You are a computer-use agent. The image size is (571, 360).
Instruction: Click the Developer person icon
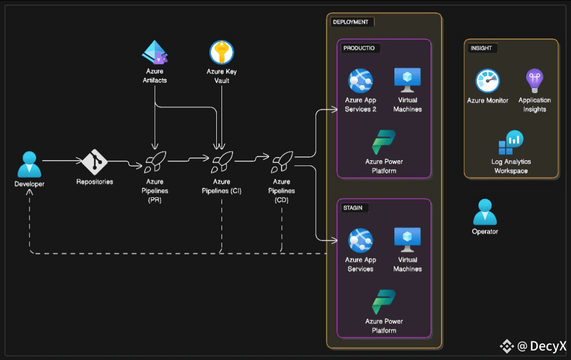click(29, 164)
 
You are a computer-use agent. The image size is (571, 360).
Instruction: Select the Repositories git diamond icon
click(95, 163)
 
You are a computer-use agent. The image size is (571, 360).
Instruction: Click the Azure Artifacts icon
click(154, 53)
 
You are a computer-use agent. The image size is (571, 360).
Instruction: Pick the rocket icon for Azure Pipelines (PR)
click(155, 162)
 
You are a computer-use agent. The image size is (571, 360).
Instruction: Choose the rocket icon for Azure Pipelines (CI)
click(222, 162)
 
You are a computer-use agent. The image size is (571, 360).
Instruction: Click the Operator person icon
click(485, 212)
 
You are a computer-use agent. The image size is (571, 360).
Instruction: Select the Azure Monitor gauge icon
click(487, 81)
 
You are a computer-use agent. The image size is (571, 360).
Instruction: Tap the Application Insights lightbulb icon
click(534, 81)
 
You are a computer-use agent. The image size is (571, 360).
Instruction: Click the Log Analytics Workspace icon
click(511, 142)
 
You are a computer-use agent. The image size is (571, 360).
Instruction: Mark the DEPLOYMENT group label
click(351, 22)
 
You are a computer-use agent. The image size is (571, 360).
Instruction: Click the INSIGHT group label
click(481, 48)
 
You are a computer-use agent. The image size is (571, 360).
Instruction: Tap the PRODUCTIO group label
click(360, 48)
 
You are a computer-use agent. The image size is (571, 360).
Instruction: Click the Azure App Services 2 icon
click(361, 81)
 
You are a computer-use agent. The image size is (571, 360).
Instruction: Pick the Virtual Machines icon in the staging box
click(407, 241)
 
